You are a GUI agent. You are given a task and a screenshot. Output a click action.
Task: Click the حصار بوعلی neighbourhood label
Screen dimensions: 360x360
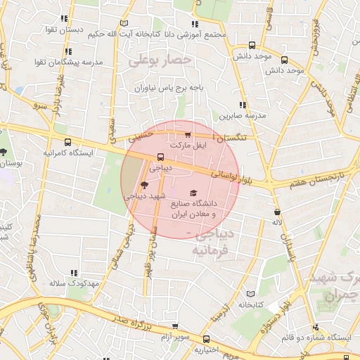[x=160, y=60]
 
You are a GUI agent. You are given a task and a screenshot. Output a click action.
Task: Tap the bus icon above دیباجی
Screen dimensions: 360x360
[x=161, y=157]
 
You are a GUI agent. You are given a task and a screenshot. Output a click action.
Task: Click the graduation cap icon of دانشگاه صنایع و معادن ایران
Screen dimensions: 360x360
[x=193, y=193]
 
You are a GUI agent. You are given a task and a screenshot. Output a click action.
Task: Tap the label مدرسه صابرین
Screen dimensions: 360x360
[x=242, y=114]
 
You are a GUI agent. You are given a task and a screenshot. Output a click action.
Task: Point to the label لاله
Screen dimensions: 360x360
[x=277, y=222]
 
